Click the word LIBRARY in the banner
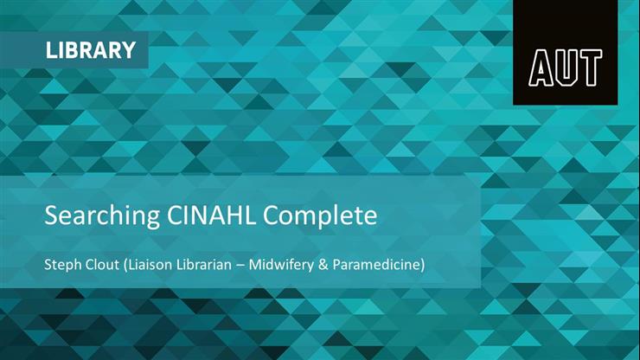[x=91, y=50]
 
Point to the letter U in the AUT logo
[x=565, y=67]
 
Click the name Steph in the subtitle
[x=62, y=264]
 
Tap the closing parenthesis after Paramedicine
[x=423, y=264]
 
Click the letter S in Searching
[x=50, y=215]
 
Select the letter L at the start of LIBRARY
[x=51, y=50]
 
